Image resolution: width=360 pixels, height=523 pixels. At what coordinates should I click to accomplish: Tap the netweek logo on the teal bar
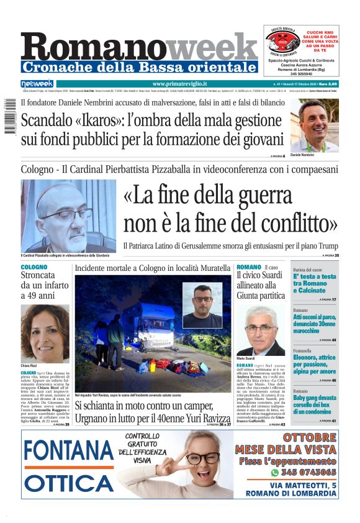[x=37, y=84]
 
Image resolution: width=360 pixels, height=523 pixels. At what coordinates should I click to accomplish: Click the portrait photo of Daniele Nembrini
[x=315, y=126]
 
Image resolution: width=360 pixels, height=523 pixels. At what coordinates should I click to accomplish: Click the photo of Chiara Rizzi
[x=45, y=333]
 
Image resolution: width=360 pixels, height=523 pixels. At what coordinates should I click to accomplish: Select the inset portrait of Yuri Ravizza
[x=202, y=306]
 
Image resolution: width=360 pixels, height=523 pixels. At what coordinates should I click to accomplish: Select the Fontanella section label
[x=306, y=350]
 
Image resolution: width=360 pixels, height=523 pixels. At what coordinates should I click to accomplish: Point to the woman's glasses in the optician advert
[x=202, y=458]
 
